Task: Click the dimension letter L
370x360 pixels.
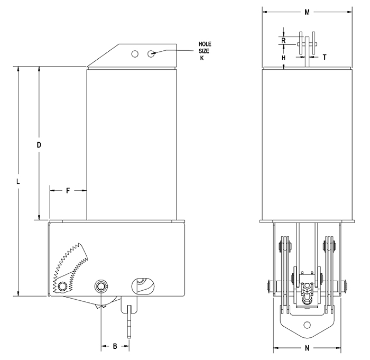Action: pos(18,181)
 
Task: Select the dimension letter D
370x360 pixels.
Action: pos(39,144)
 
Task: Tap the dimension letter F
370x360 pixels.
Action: pos(68,191)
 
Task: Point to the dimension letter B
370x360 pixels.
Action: pos(115,346)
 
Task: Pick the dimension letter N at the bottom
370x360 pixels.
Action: pos(308,348)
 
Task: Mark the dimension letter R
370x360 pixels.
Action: pos(284,40)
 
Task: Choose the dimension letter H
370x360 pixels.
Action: pos(284,57)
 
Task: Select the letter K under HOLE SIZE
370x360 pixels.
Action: pos(201,58)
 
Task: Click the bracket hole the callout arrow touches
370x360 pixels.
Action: pos(152,54)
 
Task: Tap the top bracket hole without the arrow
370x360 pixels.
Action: pos(135,54)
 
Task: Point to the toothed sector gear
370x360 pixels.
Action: pos(71,262)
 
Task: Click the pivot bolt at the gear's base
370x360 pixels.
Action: pos(63,286)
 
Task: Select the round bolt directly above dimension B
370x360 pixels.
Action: pos(100,286)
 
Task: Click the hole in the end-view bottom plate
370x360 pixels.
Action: pos(308,325)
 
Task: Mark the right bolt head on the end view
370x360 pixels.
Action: pos(346,286)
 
